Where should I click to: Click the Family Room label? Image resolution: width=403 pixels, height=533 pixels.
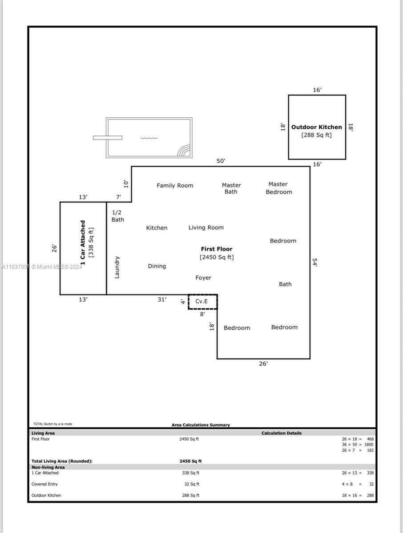pos(175,186)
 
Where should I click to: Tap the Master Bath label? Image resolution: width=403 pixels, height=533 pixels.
pos(231,188)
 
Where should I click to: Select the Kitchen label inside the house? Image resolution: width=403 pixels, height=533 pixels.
pos(157,228)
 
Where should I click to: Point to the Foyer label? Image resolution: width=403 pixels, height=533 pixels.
pos(203,278)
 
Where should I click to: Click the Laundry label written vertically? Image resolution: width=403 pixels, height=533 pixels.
pos(117,267)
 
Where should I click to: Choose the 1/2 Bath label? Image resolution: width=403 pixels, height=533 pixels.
pos(118,216)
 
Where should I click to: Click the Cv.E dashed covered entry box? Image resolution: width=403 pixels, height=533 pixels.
pos(203,302)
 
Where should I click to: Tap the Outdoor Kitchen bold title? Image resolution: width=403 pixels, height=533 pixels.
pos(316,127)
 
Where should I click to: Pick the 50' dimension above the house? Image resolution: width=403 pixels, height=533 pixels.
pos(221,161)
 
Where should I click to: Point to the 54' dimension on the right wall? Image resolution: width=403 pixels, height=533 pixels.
pos(315,262)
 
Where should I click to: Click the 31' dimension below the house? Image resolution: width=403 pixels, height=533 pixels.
pos(162,299)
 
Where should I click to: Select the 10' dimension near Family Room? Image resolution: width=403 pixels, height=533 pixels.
pos(126,184)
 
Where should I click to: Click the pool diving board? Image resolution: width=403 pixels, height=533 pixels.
pos(108,138)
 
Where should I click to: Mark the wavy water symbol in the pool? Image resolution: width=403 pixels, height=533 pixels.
pos(149,138)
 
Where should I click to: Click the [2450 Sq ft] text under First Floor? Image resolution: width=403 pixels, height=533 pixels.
pos(217,257)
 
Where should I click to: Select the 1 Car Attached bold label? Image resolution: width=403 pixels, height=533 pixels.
pos(83,243)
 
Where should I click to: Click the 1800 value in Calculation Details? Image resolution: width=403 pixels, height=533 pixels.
pos(369,444)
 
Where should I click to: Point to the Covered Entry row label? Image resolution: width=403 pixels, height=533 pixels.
pos(44,484)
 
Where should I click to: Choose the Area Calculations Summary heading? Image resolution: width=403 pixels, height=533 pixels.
pos(201,425)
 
